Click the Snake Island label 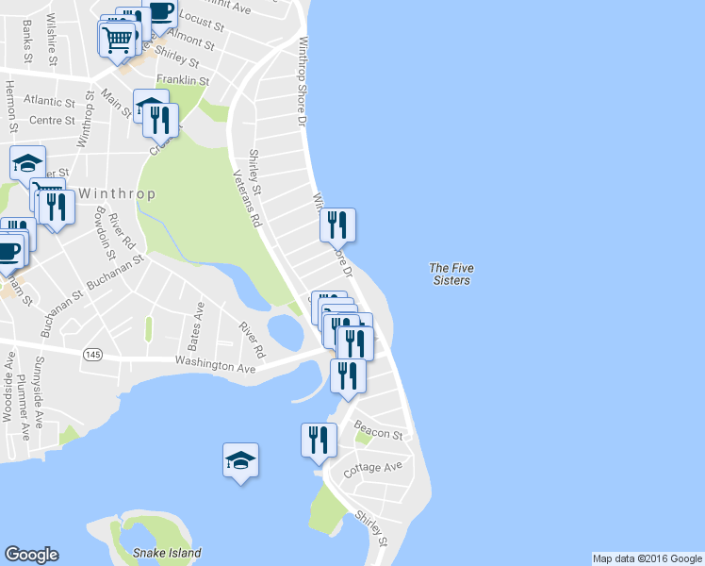[167, 554]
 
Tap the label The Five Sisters [450, 275]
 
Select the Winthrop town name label [116, 193]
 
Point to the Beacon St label [378, 434]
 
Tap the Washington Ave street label [216, 365]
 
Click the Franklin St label [182, 81]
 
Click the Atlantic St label [50, 101]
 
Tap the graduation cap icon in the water [240, 460]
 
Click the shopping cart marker [117, 40]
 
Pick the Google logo [31, 555]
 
